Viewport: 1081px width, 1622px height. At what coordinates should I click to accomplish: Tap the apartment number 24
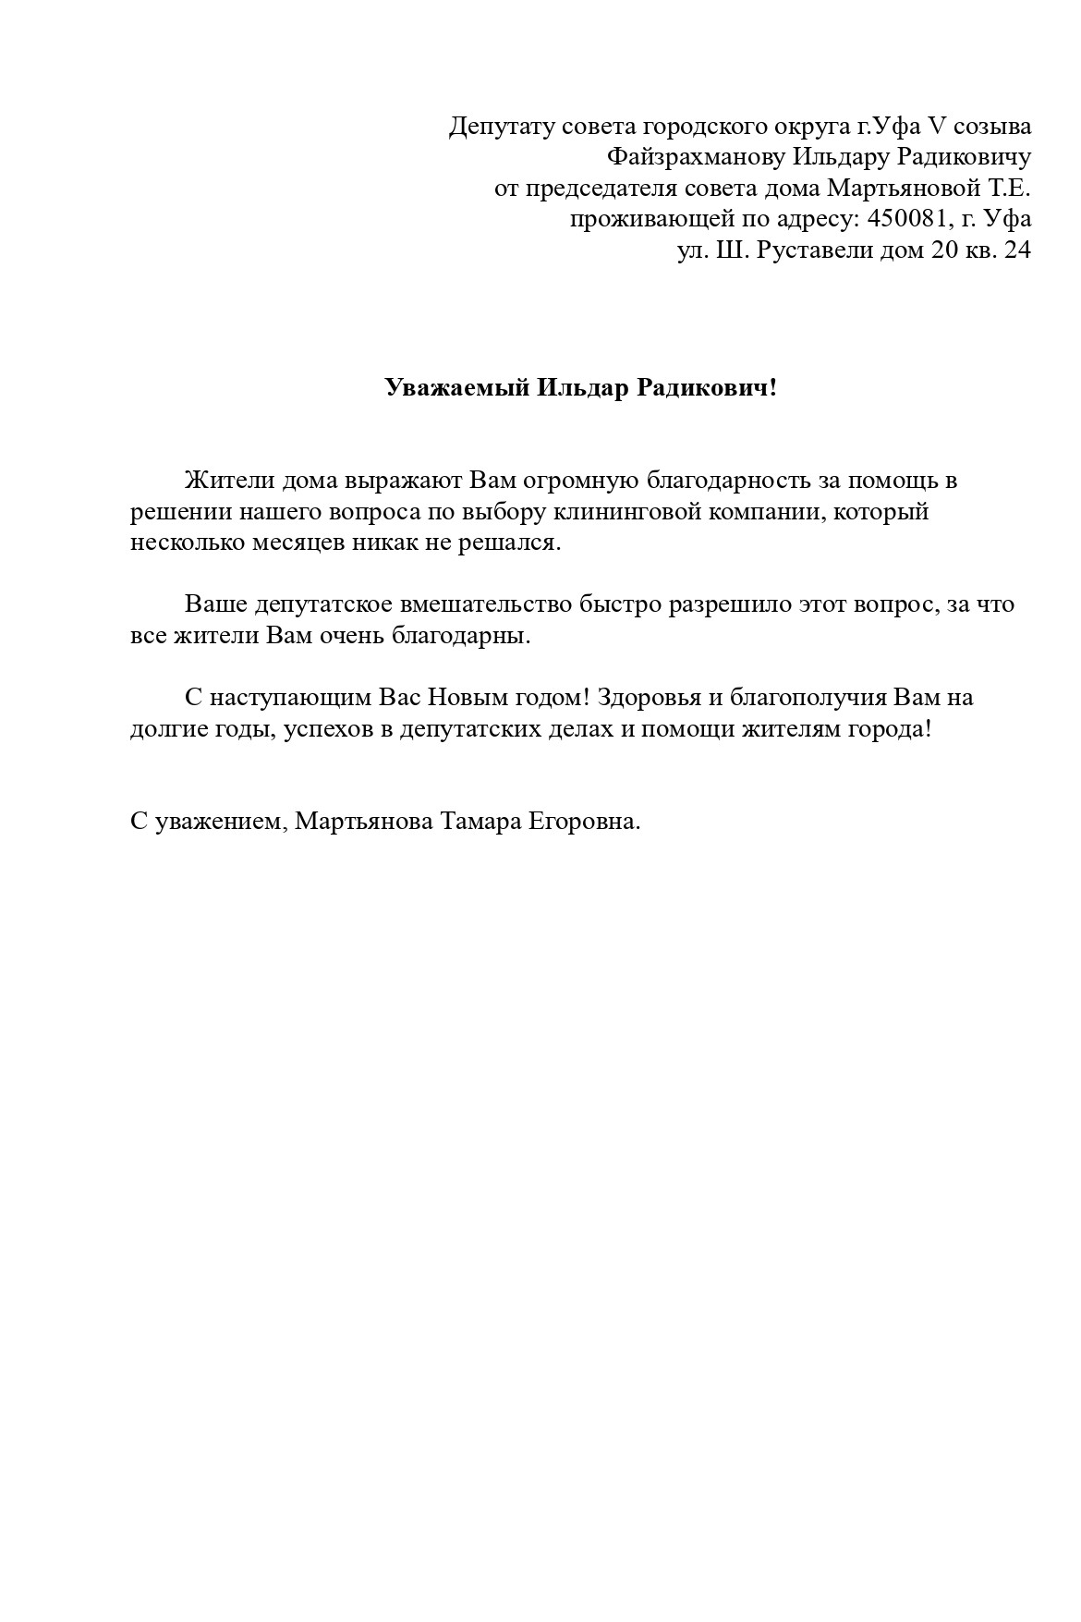pos(1016,250)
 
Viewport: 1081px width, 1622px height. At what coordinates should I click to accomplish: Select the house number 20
pos(947,250)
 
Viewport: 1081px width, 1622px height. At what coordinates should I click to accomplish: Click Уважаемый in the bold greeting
pos(456,388)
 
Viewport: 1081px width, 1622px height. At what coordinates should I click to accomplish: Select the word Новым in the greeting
pos(465,698)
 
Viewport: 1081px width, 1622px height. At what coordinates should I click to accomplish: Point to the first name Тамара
pos(478,822)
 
